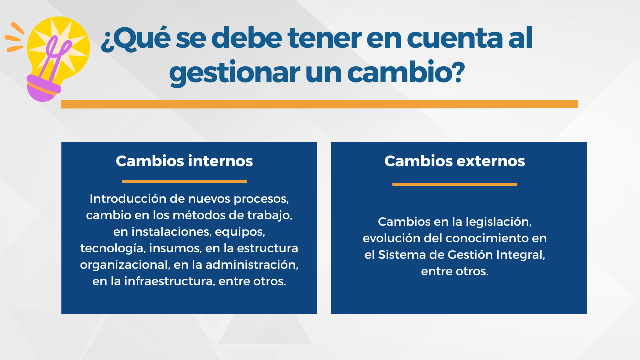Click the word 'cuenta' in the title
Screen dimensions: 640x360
pyautogui.click(x=455, y=38)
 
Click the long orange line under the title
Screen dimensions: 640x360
pyautogui.click(x=320, y=104)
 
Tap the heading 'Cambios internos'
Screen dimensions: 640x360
pyautogui.click(x=184, y=161)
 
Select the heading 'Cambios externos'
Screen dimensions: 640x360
pyautogui.click(x=455, y=161)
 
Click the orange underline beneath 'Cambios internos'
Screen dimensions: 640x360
pyautogui.click(x=184, y=181)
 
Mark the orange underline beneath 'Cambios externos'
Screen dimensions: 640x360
pyautogui.click(x=455, y=184)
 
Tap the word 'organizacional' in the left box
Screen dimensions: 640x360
pyautogui.click(x=125, y=265)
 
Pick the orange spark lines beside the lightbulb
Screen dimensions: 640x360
pyautogui.click(x=15, y=37)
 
